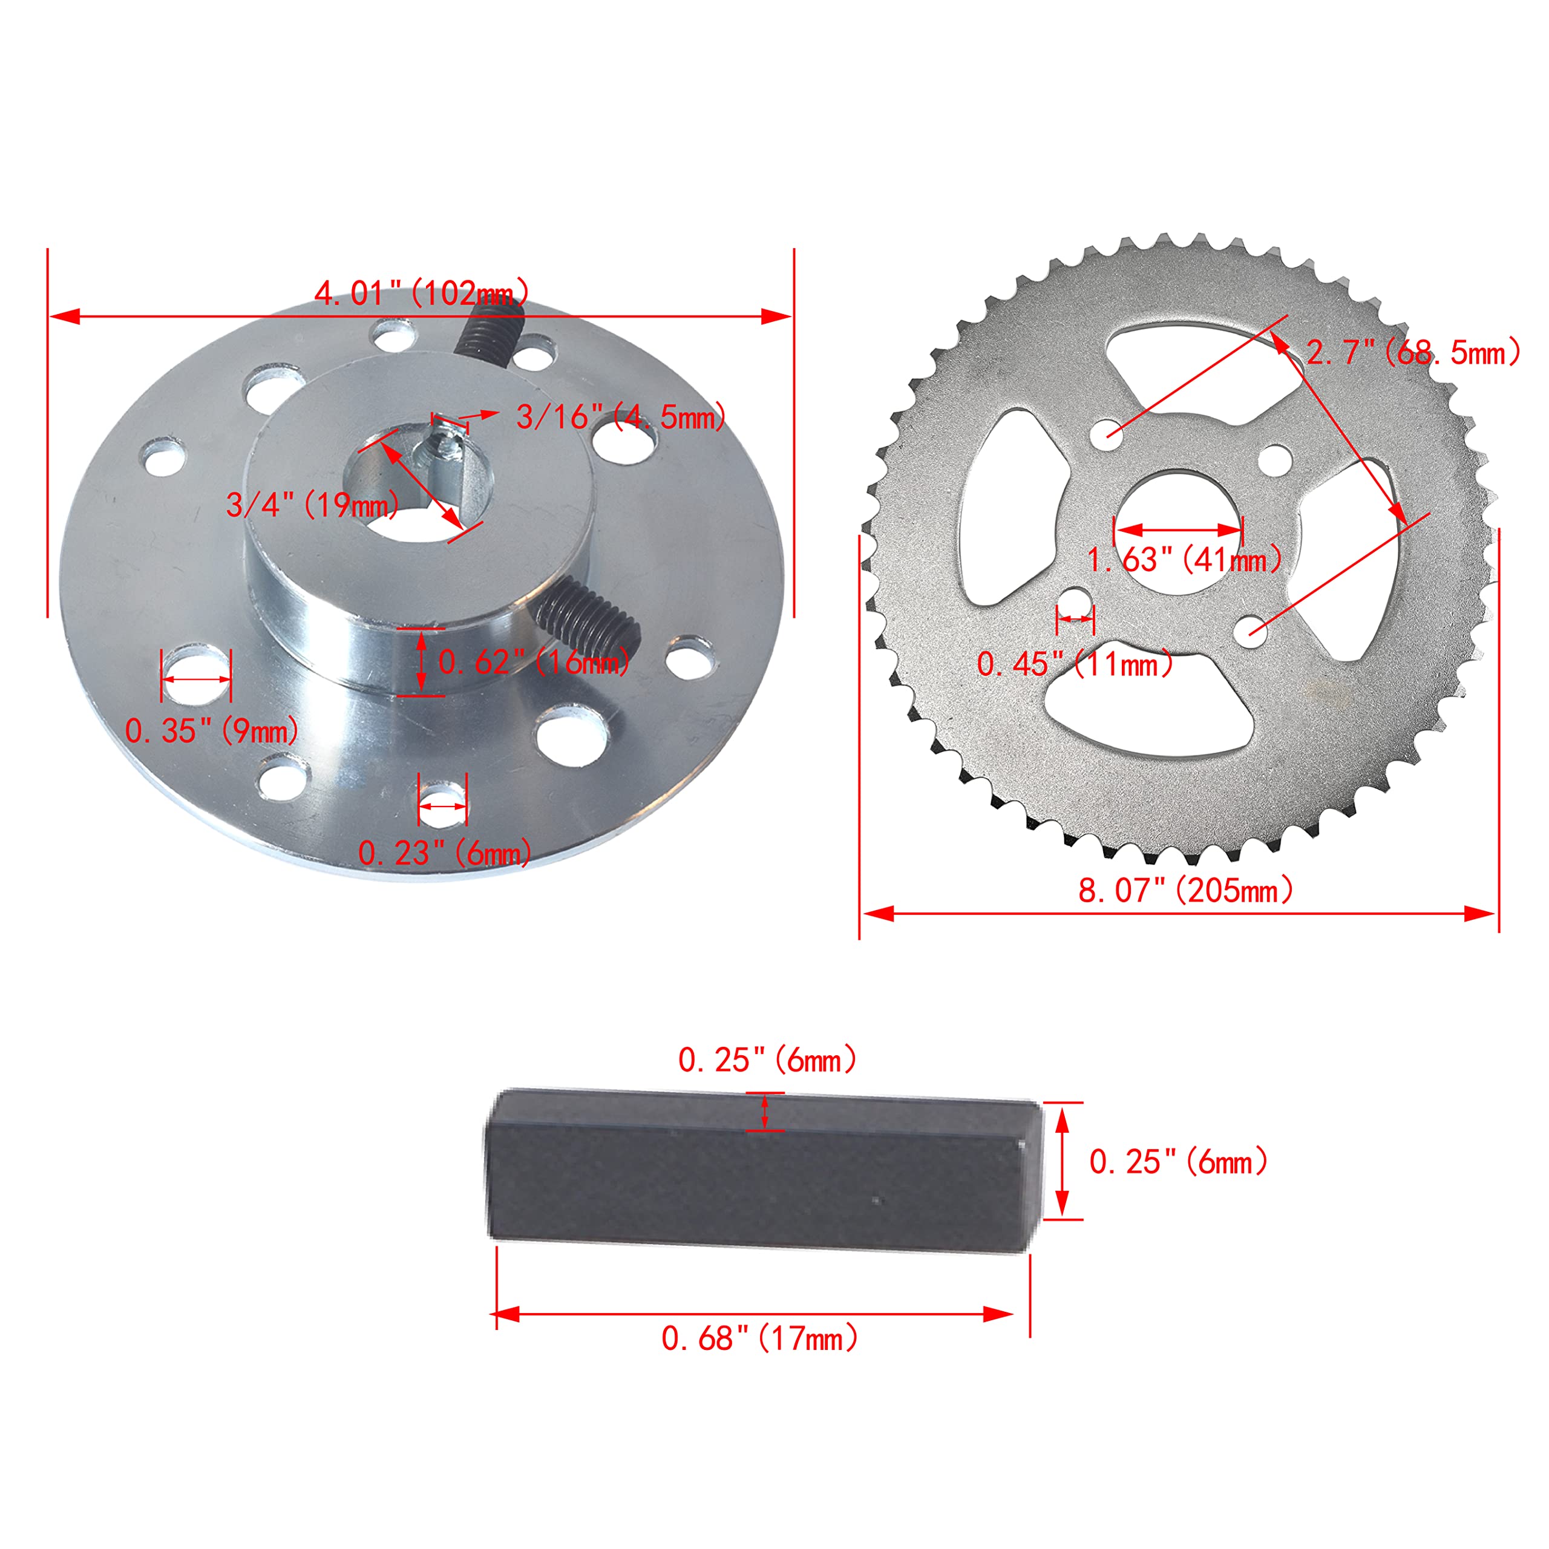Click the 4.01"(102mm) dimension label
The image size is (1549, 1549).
pyautogui.click(x=422, y=293)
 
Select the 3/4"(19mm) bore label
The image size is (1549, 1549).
pyautogui.click(x=313, y=505)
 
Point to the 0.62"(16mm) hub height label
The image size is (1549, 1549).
pyautogui.click(x=534, y=662)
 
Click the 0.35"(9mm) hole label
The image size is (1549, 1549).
pyautogui.click(x=212, y=730)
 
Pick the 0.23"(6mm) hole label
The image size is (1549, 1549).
pyautogui.click(x=444, y=853)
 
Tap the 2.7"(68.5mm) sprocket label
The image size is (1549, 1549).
pyautogui.click(x=1413, y=353)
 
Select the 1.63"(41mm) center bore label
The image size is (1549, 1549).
pyautogui.click(x=1184, y=560)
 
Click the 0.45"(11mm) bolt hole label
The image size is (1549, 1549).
pyautogui.click(x=1075, y=664)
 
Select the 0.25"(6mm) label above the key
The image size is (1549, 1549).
pyautogui.click(x=767, y=1061)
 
